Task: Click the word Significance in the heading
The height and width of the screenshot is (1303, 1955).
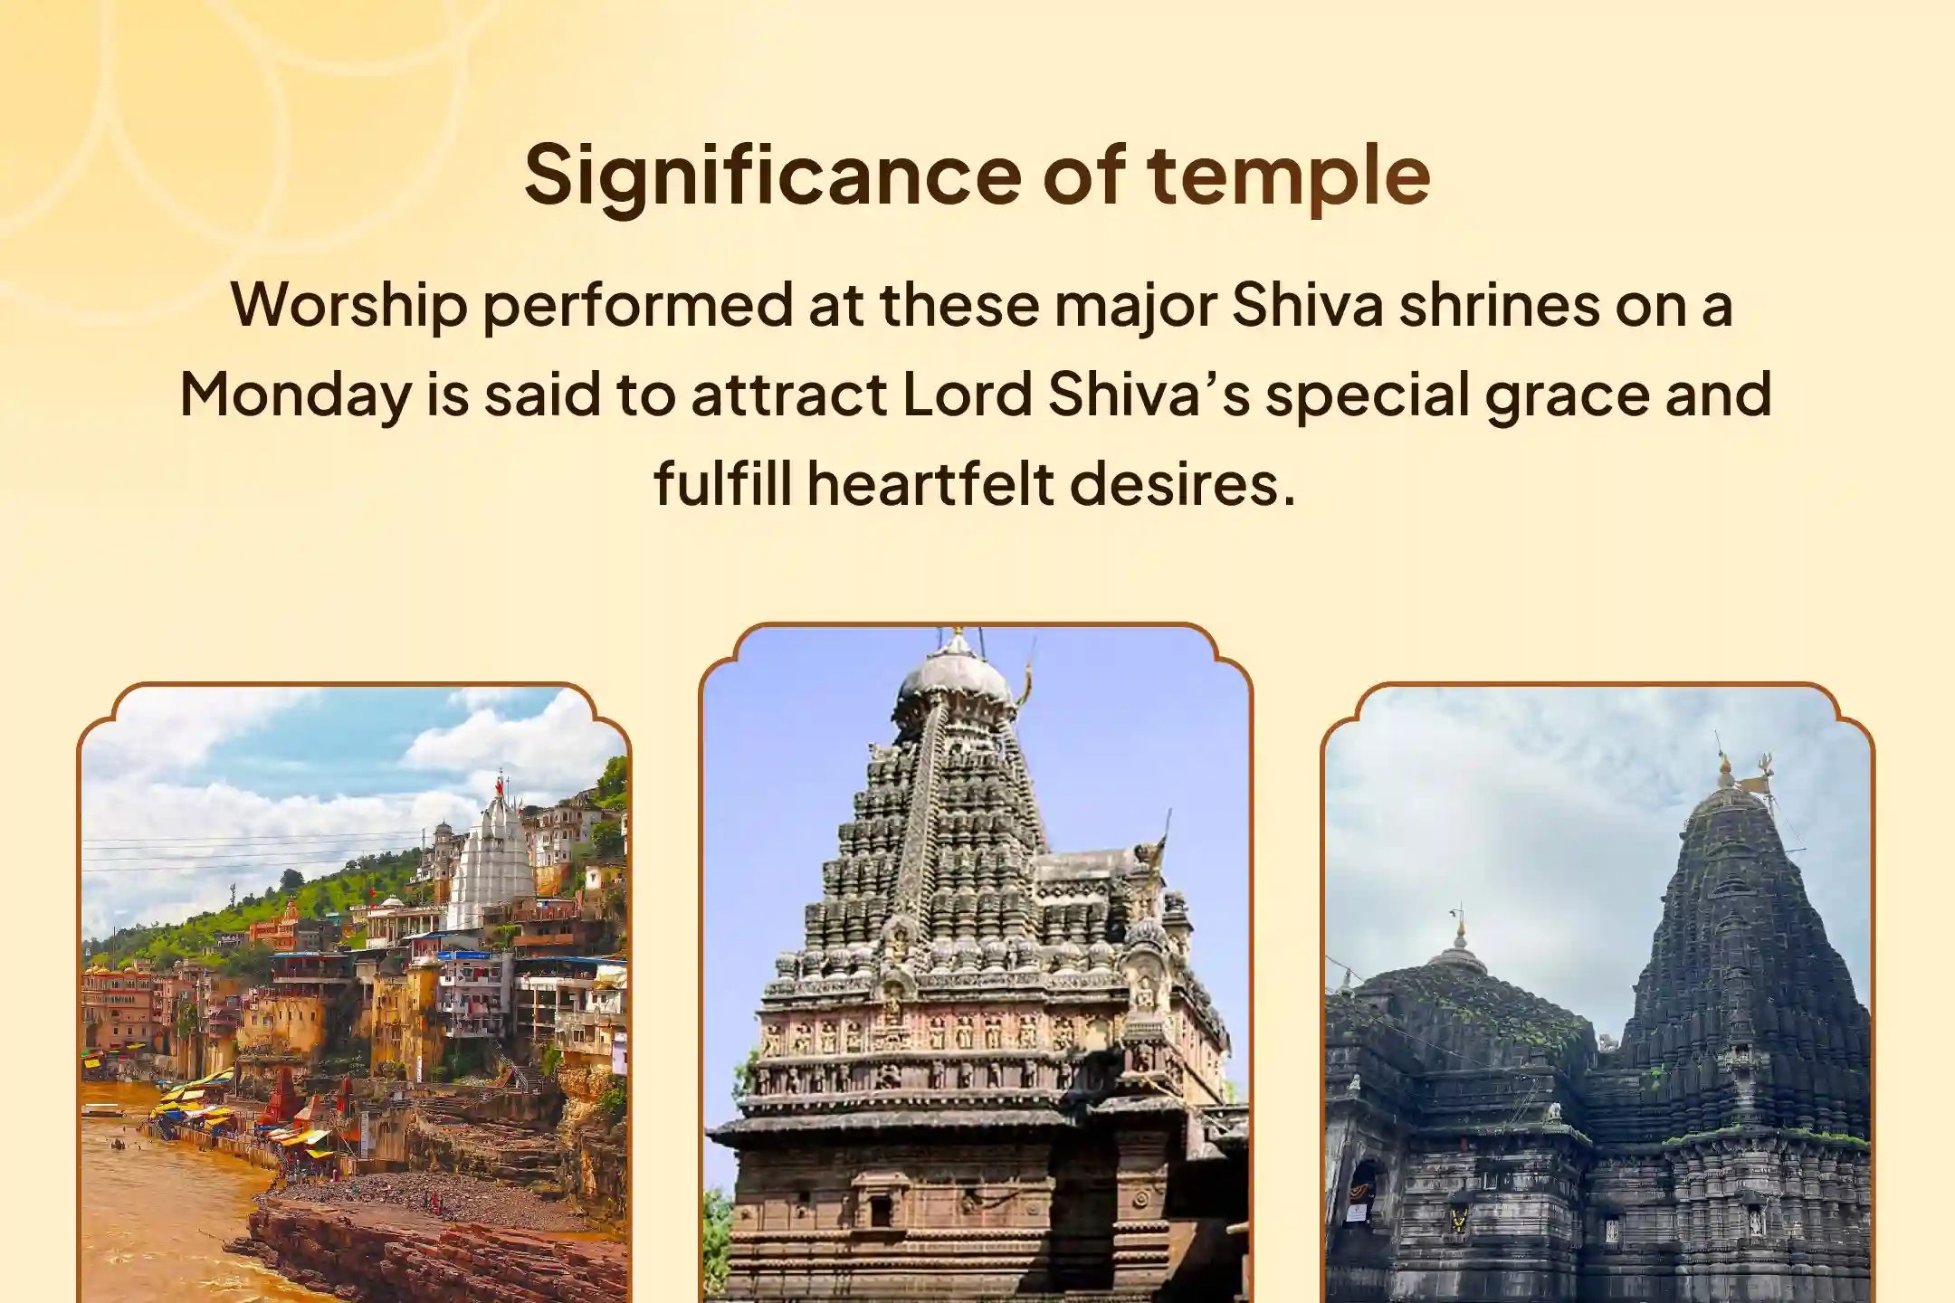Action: click(x=772, y=176)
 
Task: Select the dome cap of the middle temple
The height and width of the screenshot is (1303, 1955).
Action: click(x=953, y=673)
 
